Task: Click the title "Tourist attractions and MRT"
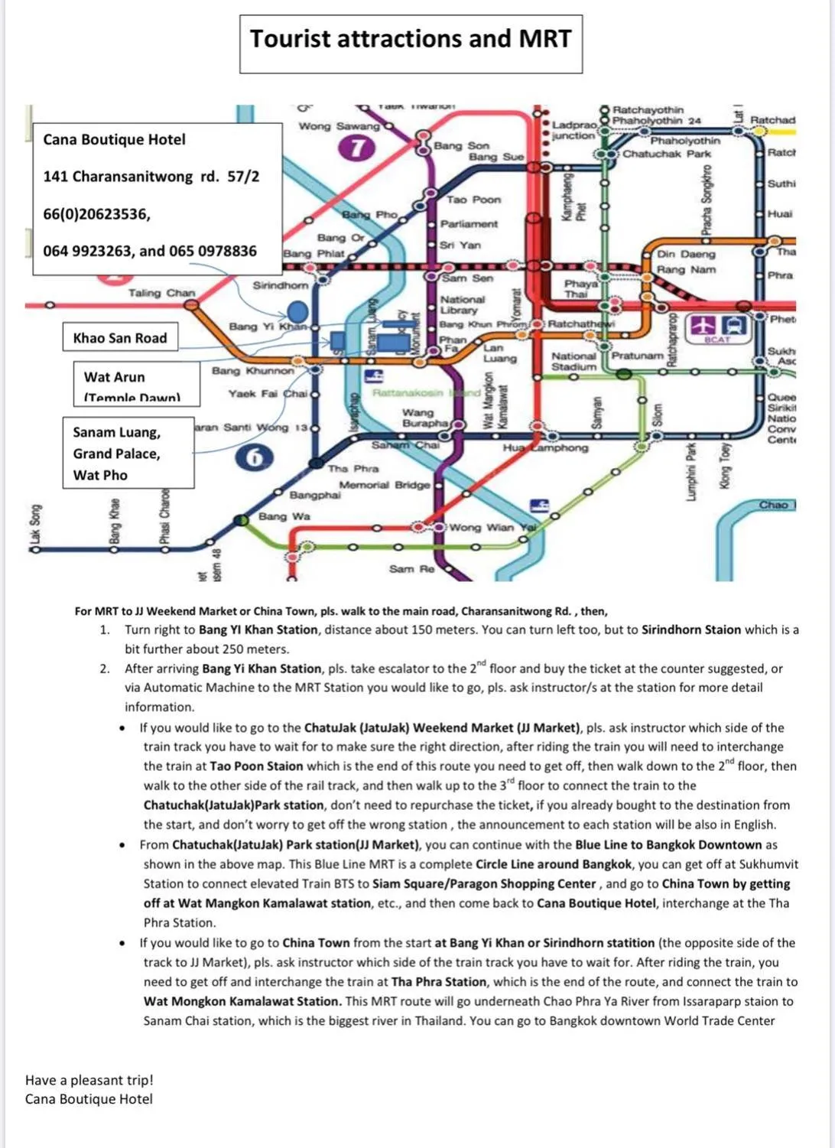tap(411, 39)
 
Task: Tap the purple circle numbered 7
tap(357, 148)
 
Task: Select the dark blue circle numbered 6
tap(255, 457)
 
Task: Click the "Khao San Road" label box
tap(120, 338)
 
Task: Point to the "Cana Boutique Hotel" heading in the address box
tap(115, 139)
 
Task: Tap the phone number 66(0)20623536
tap(96, 214)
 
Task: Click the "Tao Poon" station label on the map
tap(474, 200)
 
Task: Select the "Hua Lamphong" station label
tap(545, 447)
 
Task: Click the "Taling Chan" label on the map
tap(161, 293)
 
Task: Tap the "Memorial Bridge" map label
tap(385, 485)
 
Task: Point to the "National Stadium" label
tap(573, 361)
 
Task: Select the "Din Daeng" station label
tap(686, 254)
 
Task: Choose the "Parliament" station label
tap(469, 224)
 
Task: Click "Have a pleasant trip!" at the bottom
tap(89, 1080)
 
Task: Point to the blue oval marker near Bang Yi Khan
tap(297, 311)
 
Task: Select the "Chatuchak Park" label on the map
tap(667, 154)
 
